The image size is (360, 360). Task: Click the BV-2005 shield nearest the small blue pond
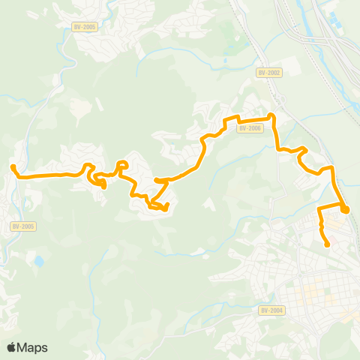23,226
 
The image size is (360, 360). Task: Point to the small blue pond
37,262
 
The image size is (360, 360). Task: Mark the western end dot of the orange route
13,167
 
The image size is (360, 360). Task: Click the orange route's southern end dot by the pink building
328,244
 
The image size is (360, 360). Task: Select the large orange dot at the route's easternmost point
344,209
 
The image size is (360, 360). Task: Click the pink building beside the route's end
334,238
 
